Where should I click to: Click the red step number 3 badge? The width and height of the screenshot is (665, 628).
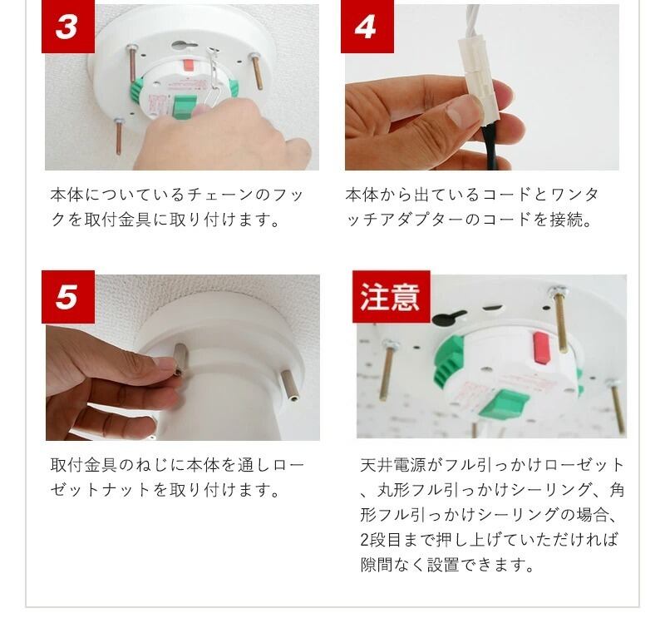(x=68, y=27)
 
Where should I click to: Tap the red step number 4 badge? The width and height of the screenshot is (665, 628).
(x=367, y=27)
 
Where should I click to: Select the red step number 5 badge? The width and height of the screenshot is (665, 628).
(x=68, y=297)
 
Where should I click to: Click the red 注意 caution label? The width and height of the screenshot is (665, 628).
(x=391, y=297)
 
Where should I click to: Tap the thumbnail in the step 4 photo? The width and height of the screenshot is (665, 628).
(x=462, y=111)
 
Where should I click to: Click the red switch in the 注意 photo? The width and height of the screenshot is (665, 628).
(x=541, y=348)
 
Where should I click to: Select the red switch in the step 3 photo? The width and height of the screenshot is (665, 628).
(x=189, y=66)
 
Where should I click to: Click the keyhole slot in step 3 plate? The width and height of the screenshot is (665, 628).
(x=185, y=44)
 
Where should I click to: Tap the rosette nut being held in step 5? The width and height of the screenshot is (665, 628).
(x=180, y=359)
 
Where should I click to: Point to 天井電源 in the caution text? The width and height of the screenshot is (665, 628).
(x=393, y=465)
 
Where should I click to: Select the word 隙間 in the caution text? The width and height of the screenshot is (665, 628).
(x=377, y=565)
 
